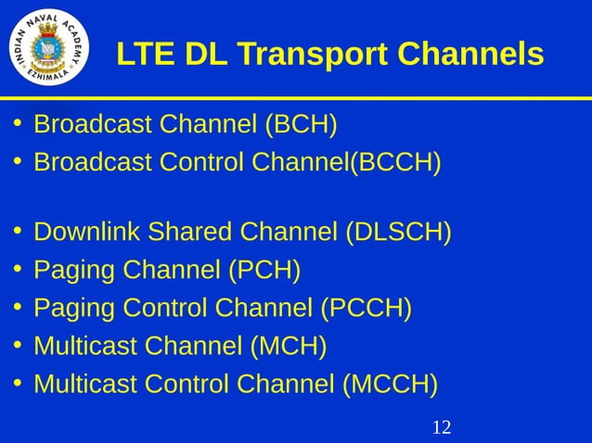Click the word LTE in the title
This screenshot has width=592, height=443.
coord(146,55)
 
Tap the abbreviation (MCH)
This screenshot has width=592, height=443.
coord(289,346)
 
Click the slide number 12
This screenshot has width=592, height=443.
coord(442,427)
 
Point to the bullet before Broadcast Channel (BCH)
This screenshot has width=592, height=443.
coord(18,124)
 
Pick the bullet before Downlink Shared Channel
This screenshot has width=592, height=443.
coord(18,231)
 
